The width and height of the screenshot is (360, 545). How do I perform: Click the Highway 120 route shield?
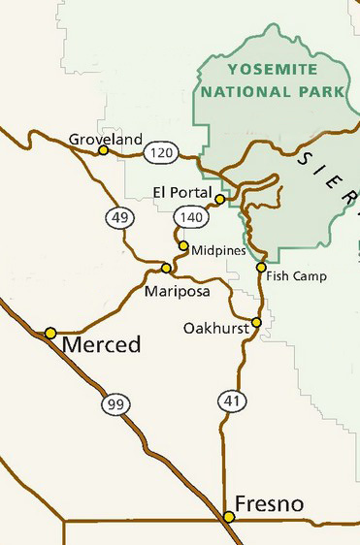[160, 153]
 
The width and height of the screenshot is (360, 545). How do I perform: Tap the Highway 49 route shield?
[119, 218]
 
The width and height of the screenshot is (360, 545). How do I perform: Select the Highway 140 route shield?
[187, 217]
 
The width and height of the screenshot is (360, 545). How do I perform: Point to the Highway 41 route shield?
[231, 400]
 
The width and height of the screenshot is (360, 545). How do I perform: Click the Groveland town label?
[106, 140]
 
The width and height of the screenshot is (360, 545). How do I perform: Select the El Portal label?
[181, 190]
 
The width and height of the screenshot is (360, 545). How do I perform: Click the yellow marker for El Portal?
[220, 199]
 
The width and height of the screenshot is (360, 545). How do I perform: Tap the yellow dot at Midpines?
[183, 246]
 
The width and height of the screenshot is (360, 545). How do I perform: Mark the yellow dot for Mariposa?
[166, 268]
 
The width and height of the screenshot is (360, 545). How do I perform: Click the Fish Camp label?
[297, 276]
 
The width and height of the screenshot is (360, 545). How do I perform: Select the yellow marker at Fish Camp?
[261, 267]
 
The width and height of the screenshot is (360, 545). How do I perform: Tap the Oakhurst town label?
[213, 330]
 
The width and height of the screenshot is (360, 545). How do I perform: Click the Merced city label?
[101, 345]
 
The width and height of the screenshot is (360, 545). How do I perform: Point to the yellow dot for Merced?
[50, 333]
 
